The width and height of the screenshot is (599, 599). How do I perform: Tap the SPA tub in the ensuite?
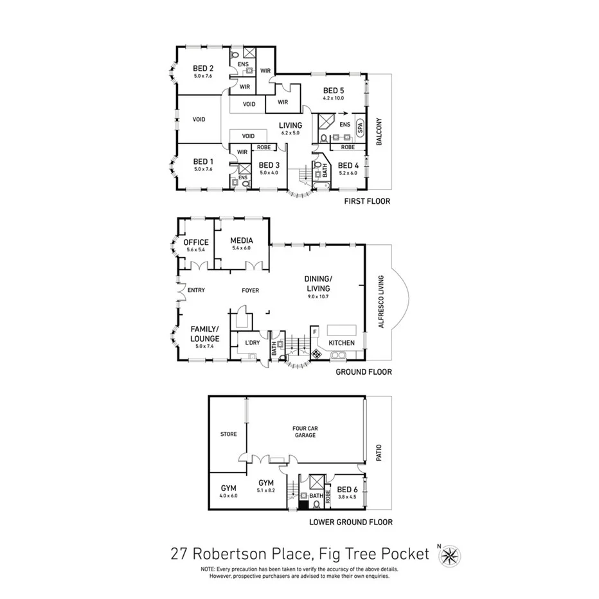point(360,127)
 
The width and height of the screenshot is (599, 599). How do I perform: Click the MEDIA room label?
point(242,240)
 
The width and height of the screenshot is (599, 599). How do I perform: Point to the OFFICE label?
point(195,242)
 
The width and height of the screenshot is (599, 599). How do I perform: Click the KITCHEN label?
point(341,343)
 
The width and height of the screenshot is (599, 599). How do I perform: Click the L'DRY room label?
point(252,343)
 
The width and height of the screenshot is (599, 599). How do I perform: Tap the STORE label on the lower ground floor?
point(229,434)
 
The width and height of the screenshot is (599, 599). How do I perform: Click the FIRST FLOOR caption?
point(366,201)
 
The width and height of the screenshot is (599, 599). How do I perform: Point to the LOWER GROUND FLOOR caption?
point(352,523)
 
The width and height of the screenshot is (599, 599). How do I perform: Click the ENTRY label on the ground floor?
point(196,291)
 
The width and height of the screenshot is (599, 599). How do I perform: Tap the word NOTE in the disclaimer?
point(208,569)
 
